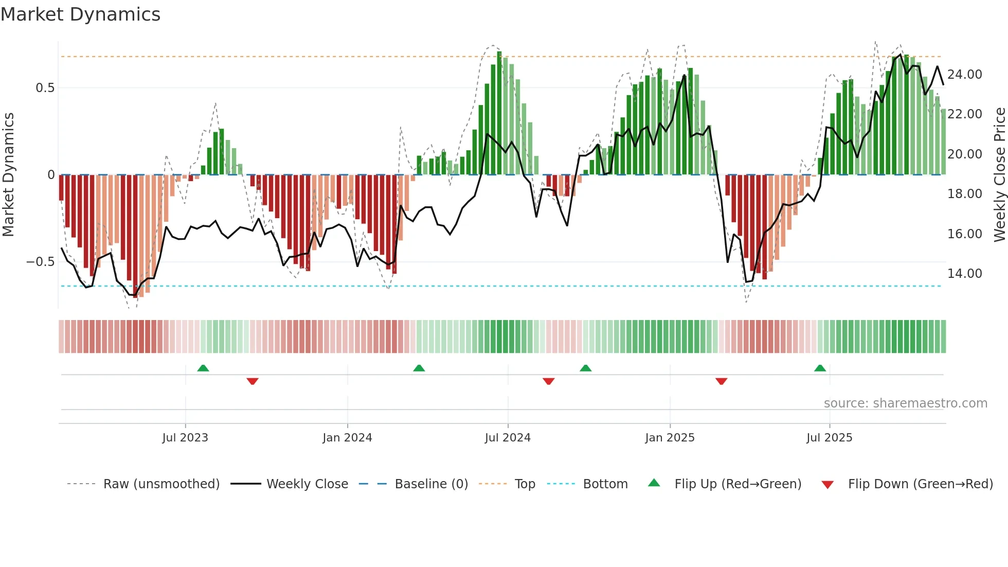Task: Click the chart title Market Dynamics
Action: tap(81, 14)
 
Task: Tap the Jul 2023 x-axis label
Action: tap(185, 438)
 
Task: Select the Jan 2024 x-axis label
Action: tap(347, 438)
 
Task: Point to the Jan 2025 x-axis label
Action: tap(670, 438)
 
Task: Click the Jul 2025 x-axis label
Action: tap(829, 438)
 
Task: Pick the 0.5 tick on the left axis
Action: tap(45, 88)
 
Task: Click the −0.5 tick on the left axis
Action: tap(41, 262)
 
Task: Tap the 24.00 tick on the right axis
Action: tap(965, 75)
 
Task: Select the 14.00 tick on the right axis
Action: tap(965, 274)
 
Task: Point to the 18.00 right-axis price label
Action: tap(965, 194)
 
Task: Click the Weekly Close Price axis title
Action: tap(999, 175)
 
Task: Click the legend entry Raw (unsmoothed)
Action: tap(161, 484)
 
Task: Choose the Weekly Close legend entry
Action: tap(307, 484)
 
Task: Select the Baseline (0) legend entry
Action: tap(431, 484)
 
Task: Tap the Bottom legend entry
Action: tap(605, 484)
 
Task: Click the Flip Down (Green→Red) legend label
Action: tap(920, 484)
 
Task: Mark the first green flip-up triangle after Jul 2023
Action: tap(203, 368)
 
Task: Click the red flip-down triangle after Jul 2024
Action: tap(548, 381)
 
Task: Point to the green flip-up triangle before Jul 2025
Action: tap(820, 368)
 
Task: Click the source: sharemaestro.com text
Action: tap(905, 403)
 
